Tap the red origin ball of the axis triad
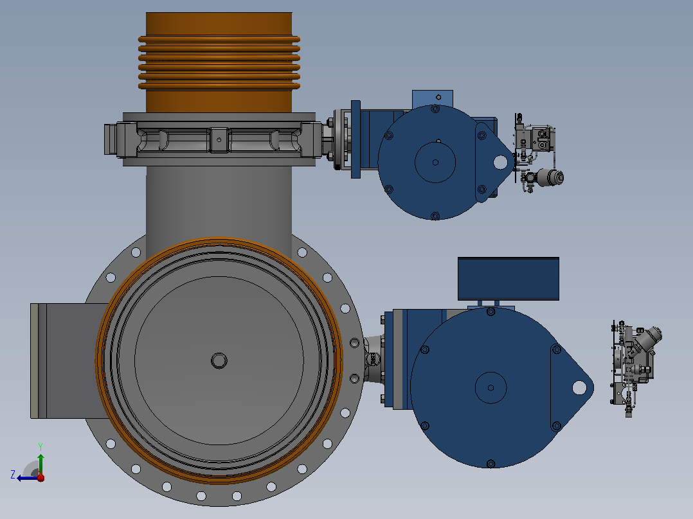tap(40, 477)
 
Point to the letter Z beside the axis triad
tap(13, 475)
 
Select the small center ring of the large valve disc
tap(219, 360)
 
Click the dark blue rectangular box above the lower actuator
tap(509, 279)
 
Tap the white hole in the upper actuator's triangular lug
tap(500, 162)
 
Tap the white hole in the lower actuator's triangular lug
tap(579, 388)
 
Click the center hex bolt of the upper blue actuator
tap(435, 162)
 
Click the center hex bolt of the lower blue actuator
tap(491, 387)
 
